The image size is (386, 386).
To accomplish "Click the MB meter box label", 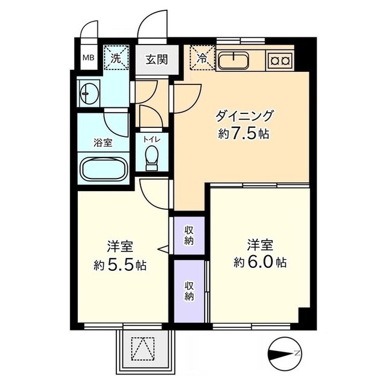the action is [89, 58].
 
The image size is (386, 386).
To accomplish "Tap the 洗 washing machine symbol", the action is [116, 58].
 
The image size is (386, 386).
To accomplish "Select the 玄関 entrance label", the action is [157, 59].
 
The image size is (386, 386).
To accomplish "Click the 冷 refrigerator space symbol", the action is [203, 58].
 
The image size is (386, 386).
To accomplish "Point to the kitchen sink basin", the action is [233, 60].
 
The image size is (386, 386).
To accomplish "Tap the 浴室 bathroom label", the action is [103, 143].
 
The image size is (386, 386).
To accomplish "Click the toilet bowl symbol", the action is [151, 157].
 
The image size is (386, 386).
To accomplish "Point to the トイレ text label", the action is [152, 139].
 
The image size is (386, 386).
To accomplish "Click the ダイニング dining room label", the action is [244, 116].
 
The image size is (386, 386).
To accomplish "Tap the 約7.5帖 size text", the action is [243, 134].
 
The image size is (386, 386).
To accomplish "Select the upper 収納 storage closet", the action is [189, 236].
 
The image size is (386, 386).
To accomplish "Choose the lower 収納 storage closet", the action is [189, 291].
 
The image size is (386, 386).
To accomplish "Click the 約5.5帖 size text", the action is [120, 265].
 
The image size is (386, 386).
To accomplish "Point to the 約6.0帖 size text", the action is [260, 262].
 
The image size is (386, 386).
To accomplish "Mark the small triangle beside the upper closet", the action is [163, 250].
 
